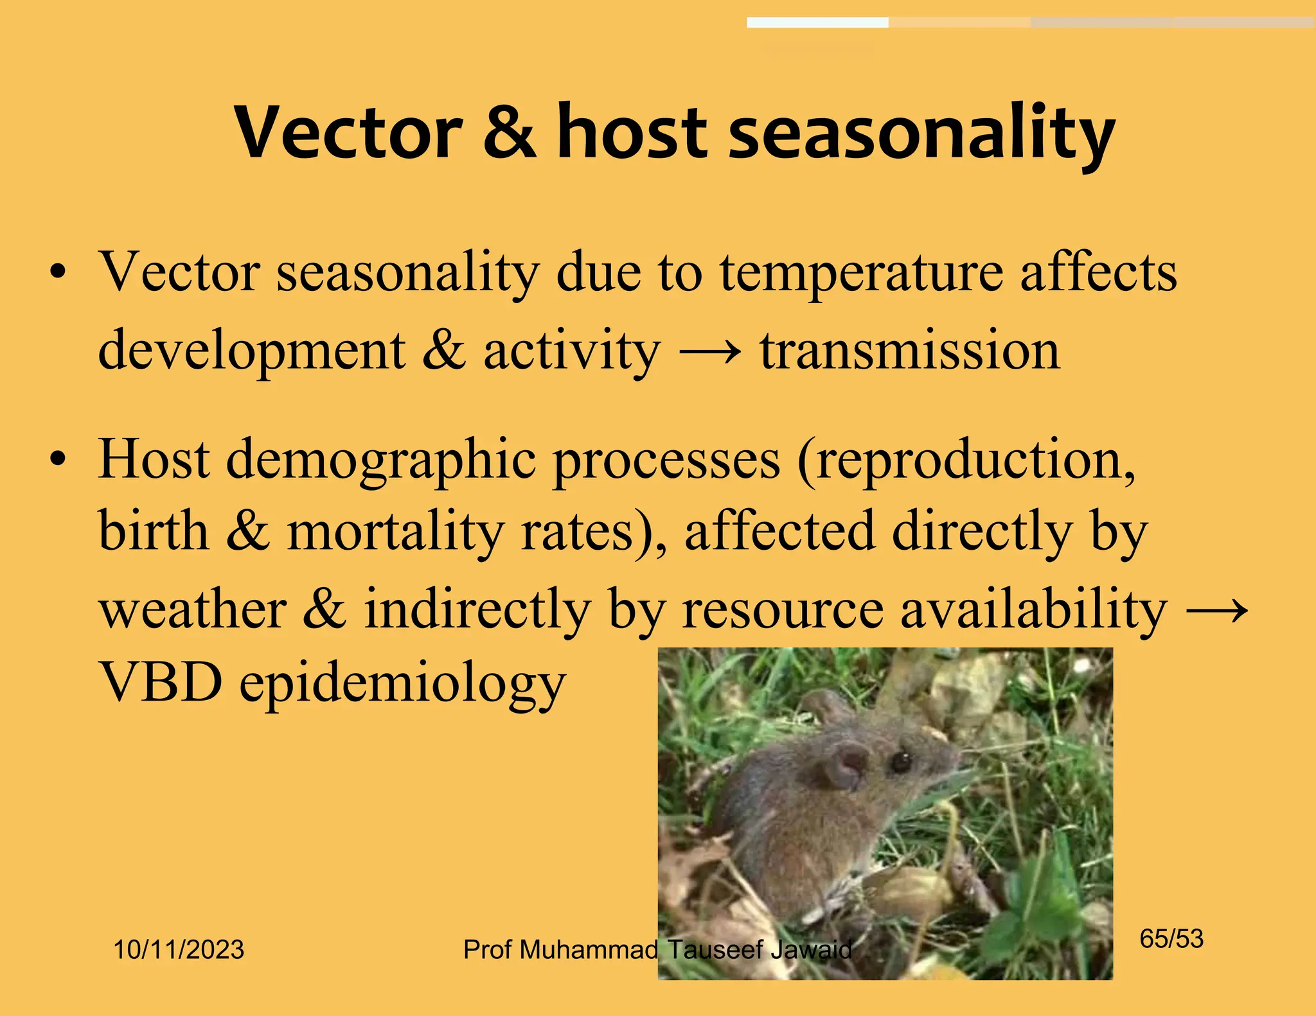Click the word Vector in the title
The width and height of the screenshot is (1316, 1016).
[x=348, y=133]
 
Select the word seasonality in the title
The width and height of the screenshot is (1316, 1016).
[x=921, y=135]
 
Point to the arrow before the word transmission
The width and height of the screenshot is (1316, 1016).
[x=710, y=352]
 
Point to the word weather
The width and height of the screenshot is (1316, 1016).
[x=193, y=609]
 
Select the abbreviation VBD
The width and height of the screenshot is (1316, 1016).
[x=161, y=682]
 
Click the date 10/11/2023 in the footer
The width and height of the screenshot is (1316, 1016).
[x=179, y=949]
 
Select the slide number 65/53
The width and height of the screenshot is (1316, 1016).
[x=1171, y=939]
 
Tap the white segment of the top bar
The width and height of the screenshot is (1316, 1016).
[x=817, y=23]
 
